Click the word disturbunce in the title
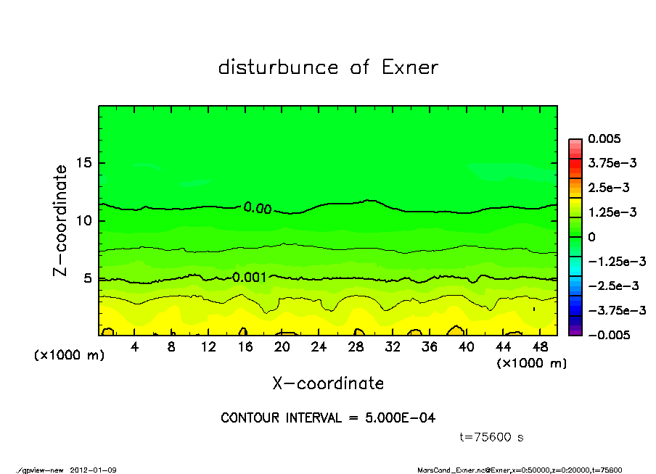[279, 67]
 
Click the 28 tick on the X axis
[356, 347]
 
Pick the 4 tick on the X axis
[135, 347]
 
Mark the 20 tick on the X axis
[282, 347]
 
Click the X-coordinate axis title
[328, 383]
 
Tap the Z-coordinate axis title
[61, 220]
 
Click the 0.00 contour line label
[258, 209]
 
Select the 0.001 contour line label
[250, 277]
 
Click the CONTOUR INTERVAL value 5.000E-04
[399, 418]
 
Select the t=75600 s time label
[492, 437]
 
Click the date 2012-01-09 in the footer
[94, 470]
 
